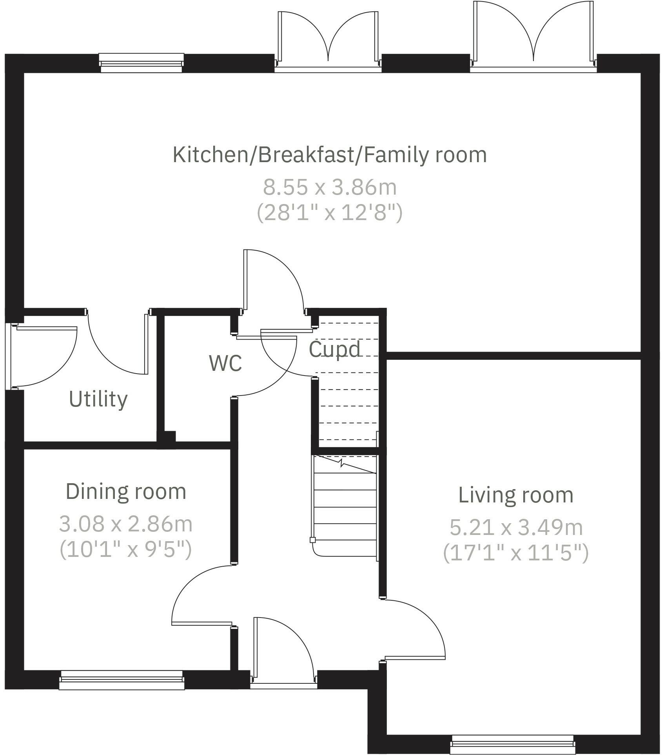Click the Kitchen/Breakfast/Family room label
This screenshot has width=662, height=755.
click(330, 155)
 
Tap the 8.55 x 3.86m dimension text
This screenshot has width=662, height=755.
click(330, 187)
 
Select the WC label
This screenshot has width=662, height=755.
click(225, 363)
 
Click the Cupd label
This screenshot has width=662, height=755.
click(335, 349)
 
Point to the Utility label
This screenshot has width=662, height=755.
click(98, 399)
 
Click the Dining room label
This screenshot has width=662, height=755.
click(126, 491)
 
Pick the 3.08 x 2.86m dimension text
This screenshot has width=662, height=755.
click(126, 524)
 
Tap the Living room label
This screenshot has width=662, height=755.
click(516, 495)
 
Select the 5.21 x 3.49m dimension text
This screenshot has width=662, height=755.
click(516, 527)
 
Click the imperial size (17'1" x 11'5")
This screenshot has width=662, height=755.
click(516, 553)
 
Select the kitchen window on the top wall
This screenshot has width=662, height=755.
click(141, 63)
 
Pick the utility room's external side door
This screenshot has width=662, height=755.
click(43, 356)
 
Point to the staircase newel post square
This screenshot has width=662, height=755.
click(312, 540)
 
